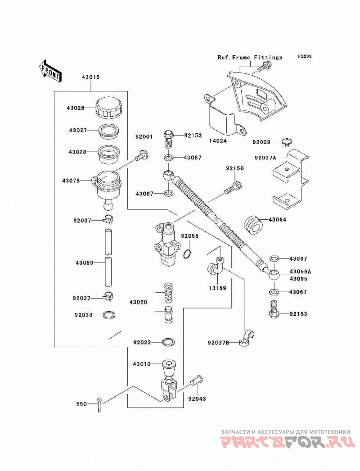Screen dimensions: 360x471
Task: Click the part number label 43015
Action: click(x=91, y=77)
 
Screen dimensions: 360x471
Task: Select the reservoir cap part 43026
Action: click(x=109, y=107)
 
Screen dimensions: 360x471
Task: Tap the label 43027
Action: click(x=78, y=130)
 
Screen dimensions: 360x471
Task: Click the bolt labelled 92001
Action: click(x=142, y=156)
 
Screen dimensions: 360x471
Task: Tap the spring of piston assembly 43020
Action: click(x=169, y=293)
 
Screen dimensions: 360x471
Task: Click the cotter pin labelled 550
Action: click(x=99, y=405)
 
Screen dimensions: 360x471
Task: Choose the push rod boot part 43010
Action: click(x=169, y=369)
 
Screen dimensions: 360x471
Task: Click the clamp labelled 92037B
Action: click(x=247, y=338)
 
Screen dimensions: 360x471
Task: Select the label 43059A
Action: click(x=300, y=272)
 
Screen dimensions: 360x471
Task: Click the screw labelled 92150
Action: click(x=233, y=187)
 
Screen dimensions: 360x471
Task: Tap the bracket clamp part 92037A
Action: click(x=291, y=179)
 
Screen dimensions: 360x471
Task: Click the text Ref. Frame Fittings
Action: click(x=250, y=57)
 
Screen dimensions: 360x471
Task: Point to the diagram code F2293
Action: click(x=305, y=56)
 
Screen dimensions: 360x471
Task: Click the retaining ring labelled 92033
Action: click(x=108, y=315)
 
